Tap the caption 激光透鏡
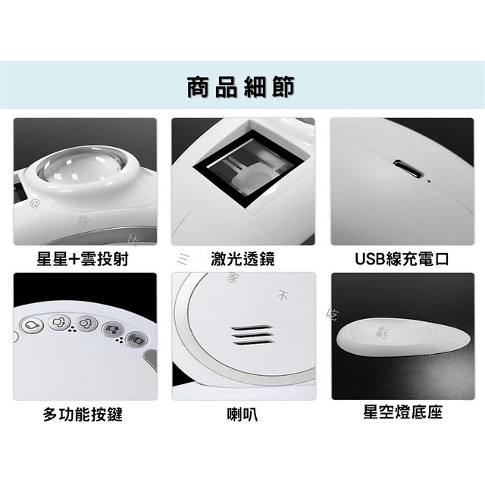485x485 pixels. coord(242,259)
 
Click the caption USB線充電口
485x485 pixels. coord(402,259)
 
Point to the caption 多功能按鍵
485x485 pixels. coord(83,415)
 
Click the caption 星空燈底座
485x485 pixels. coord(402,413)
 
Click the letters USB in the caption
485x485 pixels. coord(371,259)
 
